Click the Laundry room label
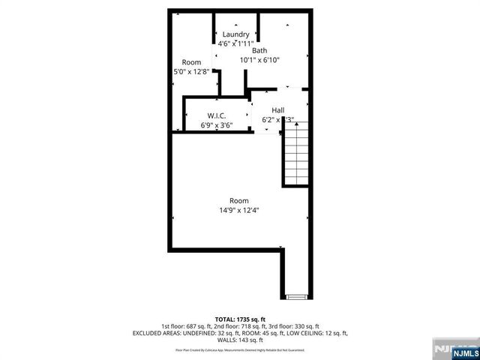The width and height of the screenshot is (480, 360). click(x=235, y=34)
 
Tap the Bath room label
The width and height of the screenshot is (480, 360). click(x=259, y=50)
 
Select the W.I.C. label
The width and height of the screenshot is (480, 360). click(x=217, y=115)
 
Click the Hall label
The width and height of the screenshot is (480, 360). click(x=277, y=109)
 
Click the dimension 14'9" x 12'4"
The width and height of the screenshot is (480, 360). click(x=239, y=211)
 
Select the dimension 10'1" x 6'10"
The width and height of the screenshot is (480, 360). click(x=259, y=60)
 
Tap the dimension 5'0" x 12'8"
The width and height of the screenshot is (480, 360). click(x=191, y=72)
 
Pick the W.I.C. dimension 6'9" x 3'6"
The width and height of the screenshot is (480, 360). click(x=217, y=125)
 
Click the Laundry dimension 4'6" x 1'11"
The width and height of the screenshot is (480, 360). click(x=235, y=44)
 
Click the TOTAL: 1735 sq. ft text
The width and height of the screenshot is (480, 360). click(x=239, y=319)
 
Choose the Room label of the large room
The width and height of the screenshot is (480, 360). click(x=239, y=200)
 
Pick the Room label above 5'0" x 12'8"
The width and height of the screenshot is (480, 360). click(x=191, y=62)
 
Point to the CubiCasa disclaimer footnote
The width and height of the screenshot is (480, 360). click(x=239, y=349)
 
